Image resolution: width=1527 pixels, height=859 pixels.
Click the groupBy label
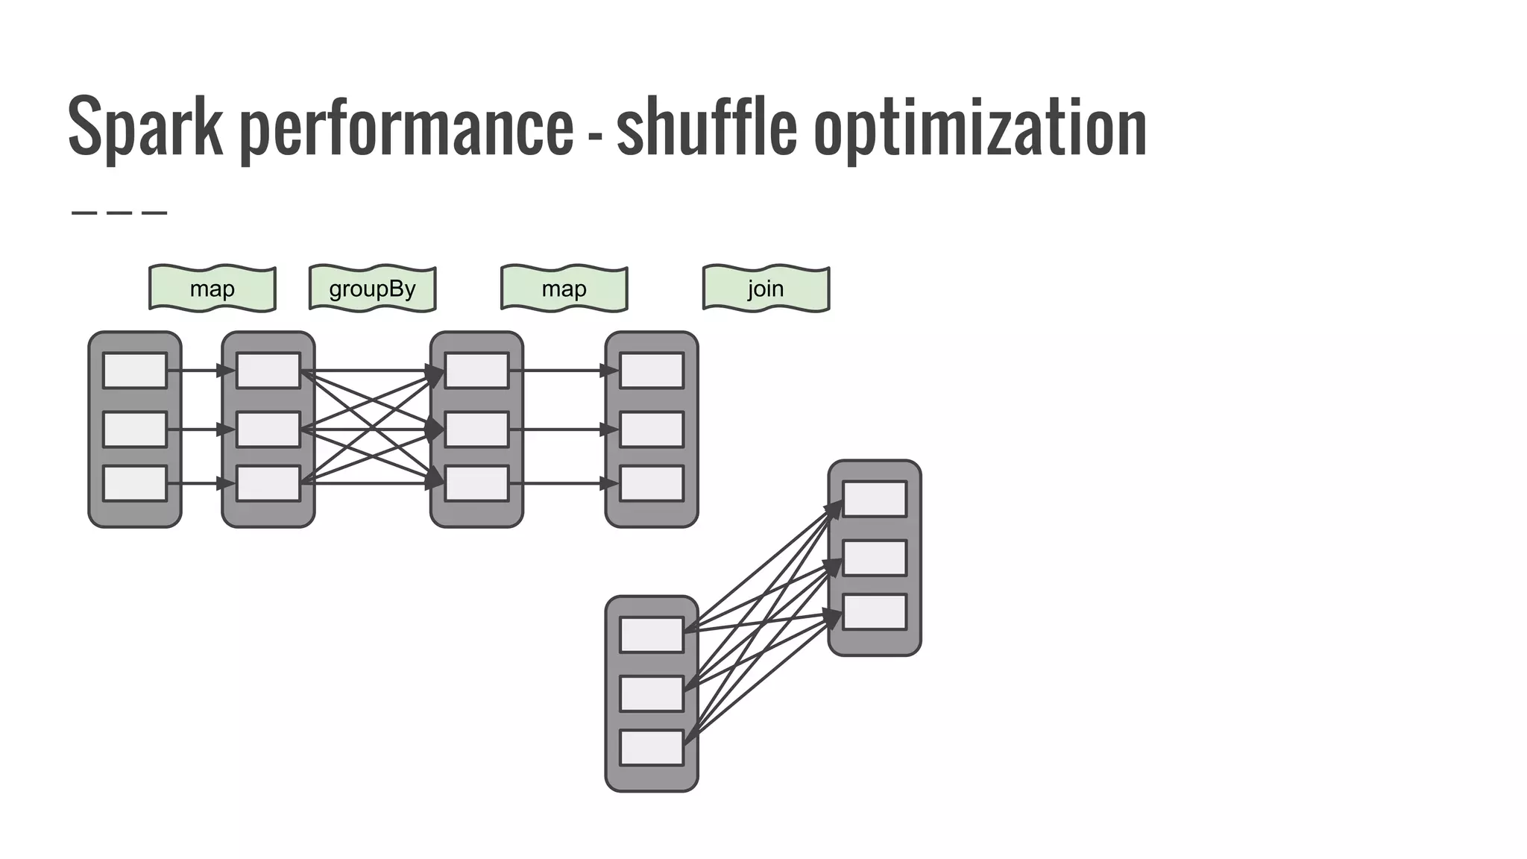coord(372,289)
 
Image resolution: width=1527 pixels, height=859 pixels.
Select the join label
coord(766,289)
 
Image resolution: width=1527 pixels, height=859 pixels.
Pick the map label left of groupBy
coord(212,289)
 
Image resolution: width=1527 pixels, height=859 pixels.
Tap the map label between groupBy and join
coord(564,289)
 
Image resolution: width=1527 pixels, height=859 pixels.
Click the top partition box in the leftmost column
coord(135,371)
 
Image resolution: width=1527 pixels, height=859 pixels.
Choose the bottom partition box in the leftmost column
coord(135,483)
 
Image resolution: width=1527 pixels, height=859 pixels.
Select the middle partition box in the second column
coord(268,429)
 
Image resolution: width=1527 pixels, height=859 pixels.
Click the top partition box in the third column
coord(476,371)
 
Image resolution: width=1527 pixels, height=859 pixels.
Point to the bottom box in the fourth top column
coord(652,483)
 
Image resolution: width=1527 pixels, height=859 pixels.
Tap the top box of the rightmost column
coord(875,499)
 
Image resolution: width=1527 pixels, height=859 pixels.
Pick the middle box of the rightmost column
coord(875,558)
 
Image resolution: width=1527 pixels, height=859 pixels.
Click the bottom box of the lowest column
coord(652,748)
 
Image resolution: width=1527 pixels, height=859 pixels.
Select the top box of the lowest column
coord(652,635)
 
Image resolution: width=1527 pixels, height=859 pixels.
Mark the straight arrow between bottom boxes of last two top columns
coord(559,483)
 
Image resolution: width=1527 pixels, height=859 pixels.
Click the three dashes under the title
coord(119,213)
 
